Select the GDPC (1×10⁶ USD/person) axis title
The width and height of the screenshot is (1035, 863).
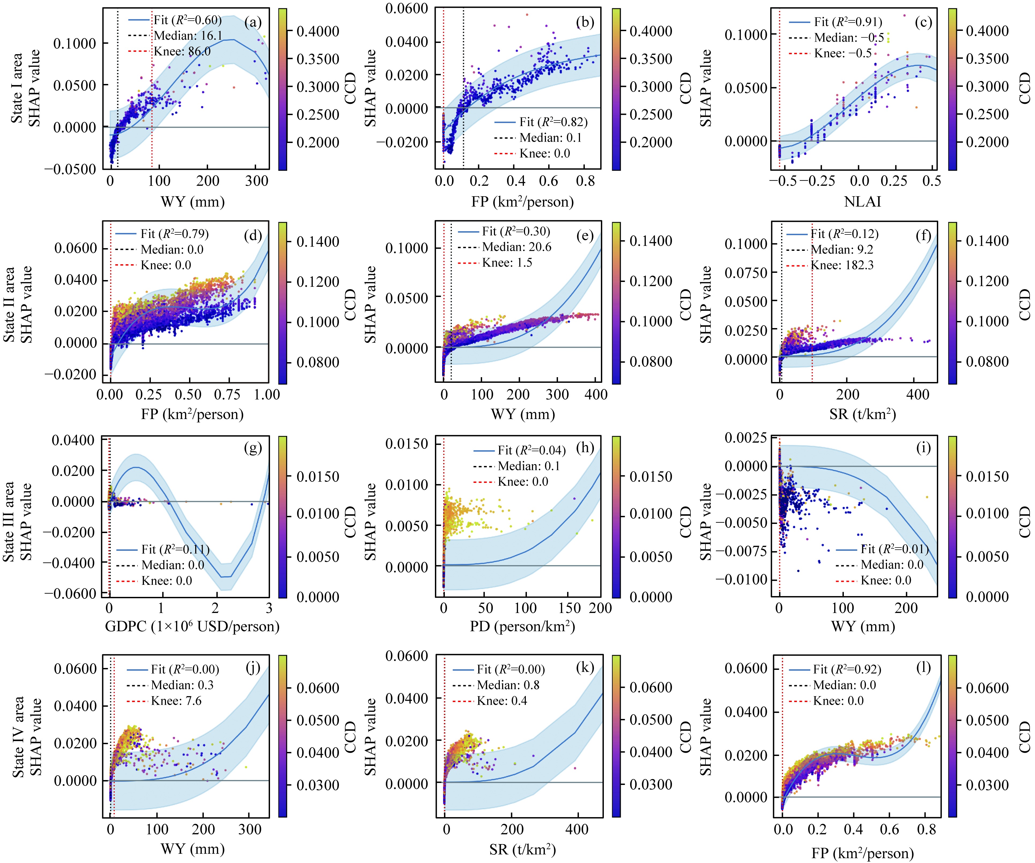tap(192, 626)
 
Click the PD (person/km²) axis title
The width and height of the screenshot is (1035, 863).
tap(522, 626)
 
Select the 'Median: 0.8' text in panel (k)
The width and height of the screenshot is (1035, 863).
tap(508, 685)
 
